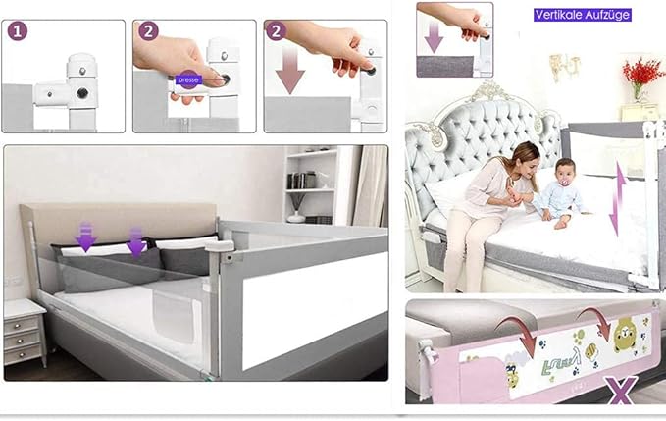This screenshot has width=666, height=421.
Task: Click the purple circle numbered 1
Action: click(18, 31)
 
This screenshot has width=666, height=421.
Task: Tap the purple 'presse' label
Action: click(188, 79)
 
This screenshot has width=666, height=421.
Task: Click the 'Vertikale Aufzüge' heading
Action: click(582, 15)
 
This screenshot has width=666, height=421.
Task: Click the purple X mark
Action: click(622, 390)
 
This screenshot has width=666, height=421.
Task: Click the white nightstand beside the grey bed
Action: click(25, 332)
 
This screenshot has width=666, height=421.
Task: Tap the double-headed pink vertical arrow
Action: click(618, 199)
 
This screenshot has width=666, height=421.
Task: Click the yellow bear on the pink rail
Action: click(625, 334)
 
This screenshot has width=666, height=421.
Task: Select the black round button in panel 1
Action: click(82, 93)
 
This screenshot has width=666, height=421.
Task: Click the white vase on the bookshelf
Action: click(295, 217)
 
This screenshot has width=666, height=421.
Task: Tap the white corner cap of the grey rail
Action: click(220, 245)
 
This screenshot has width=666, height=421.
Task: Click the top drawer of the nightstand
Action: click(22, 326)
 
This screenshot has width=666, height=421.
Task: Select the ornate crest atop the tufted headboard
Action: click(489, 91)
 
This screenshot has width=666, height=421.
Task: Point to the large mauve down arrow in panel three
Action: click(290, 69)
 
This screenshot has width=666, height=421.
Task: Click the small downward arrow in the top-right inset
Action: click(434, 38)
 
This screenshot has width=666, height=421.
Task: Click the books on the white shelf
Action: click(303, 181)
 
